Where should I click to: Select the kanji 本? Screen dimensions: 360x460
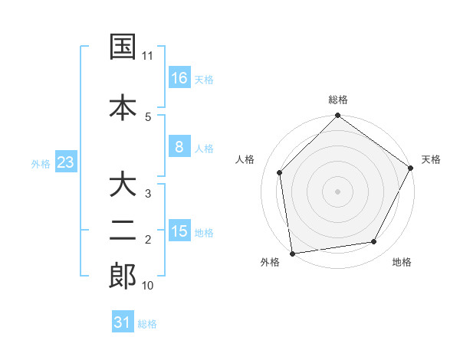pyautogui.click(x=123, y=107)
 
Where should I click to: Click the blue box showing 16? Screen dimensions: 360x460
pyautogui.click(x=179, y=78)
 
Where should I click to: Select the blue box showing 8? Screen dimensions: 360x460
pyautogui.click(x=179, y=147)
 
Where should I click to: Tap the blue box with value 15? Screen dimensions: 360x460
pyautogui.click(x=179, y=231)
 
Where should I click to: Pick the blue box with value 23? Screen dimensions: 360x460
pyautogui.click(x=65, y=162)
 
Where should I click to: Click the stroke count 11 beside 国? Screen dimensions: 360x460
pyautogui.click(x=148, y=56)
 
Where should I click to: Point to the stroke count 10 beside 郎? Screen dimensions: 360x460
pyautogui.click(x=148, y=286)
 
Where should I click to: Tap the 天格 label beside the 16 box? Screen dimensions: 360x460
pyautogui.click(x=204, y=79)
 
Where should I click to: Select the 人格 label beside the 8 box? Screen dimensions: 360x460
pyautogui.click(x=204, y=148)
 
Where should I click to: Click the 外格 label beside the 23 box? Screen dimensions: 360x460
pyautogui.click(x=40, y=163)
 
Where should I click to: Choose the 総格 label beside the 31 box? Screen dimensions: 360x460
pyautogui.click(x=147, y=323)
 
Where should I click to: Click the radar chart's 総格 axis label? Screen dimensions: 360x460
pyautogui.click(x=337, y=100)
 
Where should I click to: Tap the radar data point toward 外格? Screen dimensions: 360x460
pyautogui.click(x=292, y=254)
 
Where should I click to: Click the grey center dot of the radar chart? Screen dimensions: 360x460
pyautogui.click(x=337, y=191)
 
